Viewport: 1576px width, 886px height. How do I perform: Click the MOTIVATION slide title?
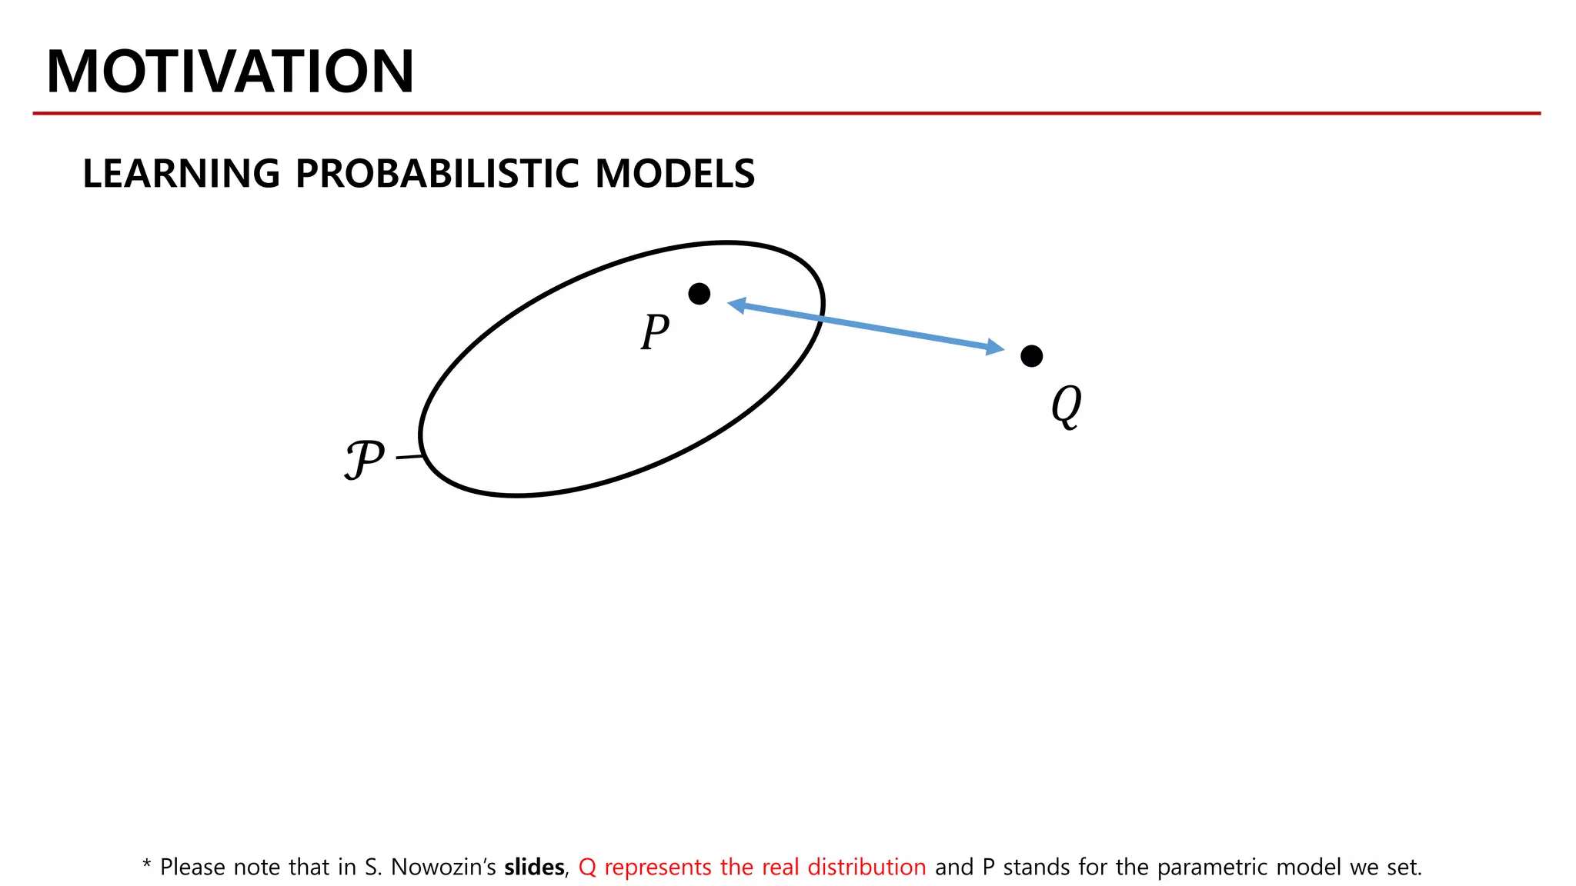[x=230, y=72]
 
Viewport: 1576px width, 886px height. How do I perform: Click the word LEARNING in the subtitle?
[x=182, y=174]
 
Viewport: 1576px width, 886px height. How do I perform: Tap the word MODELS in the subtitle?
[x=675, y=174]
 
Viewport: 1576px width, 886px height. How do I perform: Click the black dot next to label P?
[x=699, y=294]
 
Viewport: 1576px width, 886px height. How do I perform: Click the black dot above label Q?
[x=1031, y=356]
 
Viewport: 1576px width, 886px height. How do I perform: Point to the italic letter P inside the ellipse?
[x=655, y=332]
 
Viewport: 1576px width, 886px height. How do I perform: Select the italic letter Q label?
[x=1067, y=405]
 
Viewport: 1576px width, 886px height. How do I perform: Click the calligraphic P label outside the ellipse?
[x=364, y=460]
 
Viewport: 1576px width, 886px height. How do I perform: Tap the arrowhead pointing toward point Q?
[x=995, y=348]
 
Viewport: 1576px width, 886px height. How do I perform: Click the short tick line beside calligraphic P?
[x=409, y=458]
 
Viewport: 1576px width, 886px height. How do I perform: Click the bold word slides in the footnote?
[x=534, y=868]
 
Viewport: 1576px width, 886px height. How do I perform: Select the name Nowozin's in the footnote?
[x=443, y=868]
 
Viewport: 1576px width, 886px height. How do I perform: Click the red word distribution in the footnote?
[x=866, y=868]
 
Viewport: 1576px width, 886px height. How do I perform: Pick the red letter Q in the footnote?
[x=587, y=868]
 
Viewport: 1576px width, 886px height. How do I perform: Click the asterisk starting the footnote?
[x=146, y=864]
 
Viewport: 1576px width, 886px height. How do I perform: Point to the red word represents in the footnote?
[x=658, y=868]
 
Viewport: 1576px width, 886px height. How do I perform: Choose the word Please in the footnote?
[x=192, y=868]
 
